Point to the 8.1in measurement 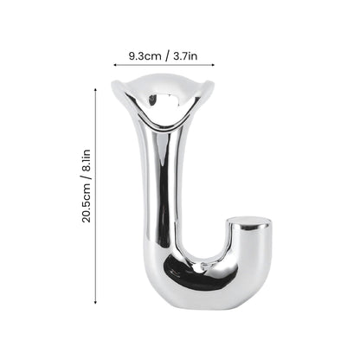[87, 160]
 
